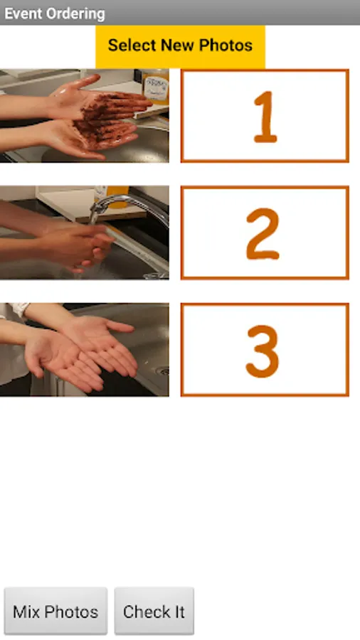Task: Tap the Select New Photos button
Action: pos(180,46)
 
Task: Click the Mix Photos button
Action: pos(55,611)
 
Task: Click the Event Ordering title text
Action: pos(55,14)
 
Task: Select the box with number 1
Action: pos(265,116)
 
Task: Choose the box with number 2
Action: pos(265,233)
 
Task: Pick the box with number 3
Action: pos(265,349)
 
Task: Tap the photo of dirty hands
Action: pos(85,116)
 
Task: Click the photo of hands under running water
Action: pos(85,233)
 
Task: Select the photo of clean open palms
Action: pos(85,349)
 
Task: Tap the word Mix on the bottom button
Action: pos(26,612)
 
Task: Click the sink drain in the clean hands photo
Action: pos(163,370)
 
